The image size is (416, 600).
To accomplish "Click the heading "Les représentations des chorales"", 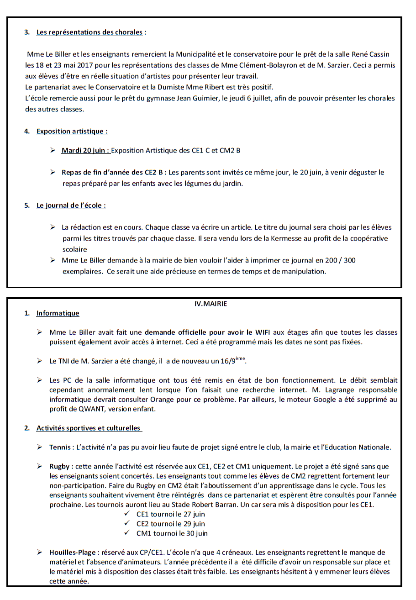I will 90,32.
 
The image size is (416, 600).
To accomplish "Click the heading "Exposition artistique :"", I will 72,131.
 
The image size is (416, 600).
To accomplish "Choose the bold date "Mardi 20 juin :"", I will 86,150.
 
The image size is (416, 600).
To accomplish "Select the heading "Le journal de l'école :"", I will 71,205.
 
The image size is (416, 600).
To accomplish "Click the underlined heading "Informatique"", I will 58,313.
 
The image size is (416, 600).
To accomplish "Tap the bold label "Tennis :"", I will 62,447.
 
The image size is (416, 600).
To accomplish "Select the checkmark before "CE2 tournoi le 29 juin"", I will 127,524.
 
